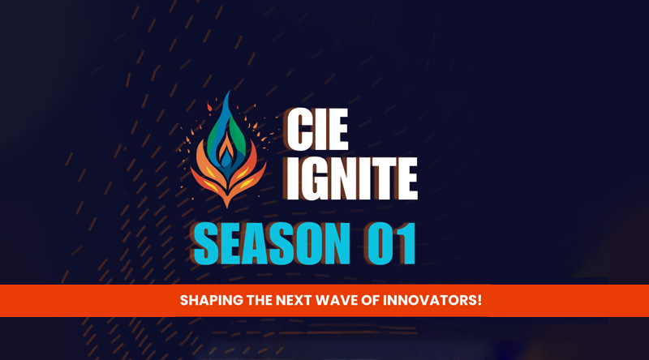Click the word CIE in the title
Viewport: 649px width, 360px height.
pos(317,129)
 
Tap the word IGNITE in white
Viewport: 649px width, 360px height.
pos(352,178)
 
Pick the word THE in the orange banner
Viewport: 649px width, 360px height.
pos(260,300)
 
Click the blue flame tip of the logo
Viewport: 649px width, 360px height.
pos(227,92)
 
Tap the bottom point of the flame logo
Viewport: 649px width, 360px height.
pos(227,206)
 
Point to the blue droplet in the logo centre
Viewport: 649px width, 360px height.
pos(226,158)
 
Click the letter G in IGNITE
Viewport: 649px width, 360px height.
pos(320,178)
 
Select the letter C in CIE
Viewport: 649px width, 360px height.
pos(299,129)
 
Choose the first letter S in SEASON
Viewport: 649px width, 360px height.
pos(206,244)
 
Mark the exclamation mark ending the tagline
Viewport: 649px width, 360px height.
pos(479,300)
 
